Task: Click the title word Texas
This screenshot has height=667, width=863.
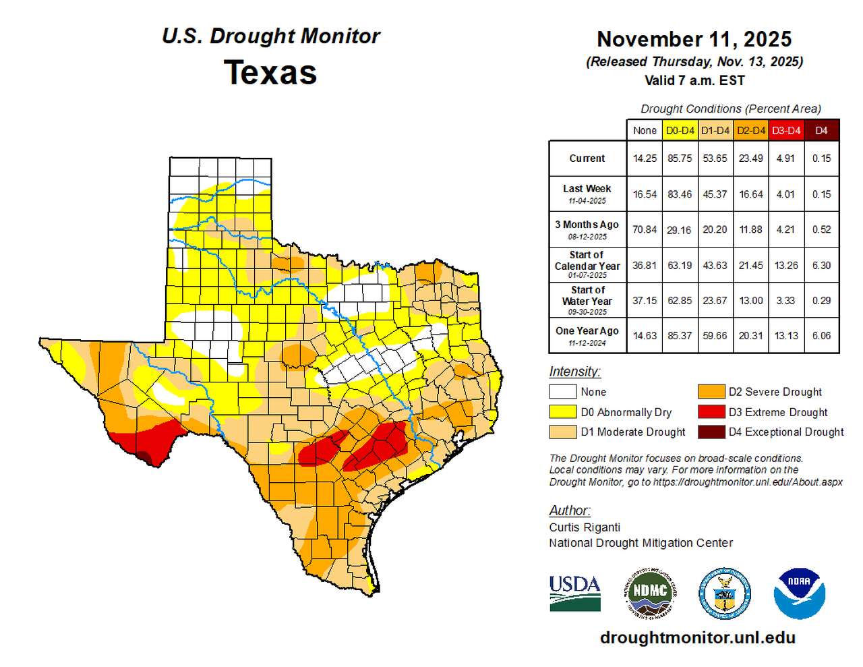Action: pos(270,73)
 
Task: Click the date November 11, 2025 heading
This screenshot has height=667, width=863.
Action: pos(694,39)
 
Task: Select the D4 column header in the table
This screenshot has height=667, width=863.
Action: pos(821,130)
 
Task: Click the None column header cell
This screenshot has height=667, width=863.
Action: pos(645,130)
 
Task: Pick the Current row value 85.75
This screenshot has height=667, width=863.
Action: pos(680,158)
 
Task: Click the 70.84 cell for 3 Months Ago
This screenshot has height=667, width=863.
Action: pos(645,229)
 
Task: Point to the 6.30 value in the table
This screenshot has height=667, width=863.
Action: pos(821,265)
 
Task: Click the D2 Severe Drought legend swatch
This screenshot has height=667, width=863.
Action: pos(711,392)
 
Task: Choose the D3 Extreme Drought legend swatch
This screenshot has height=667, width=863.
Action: pos(711,412)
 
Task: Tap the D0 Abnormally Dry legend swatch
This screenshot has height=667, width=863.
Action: pos(562,412)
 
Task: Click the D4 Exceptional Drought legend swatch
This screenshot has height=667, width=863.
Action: pos(711,432)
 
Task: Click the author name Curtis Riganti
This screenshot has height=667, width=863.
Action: pos(585,527)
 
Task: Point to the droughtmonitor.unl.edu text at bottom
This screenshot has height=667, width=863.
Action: pos(697,637)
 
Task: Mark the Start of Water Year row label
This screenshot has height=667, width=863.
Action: pos(587,300)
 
